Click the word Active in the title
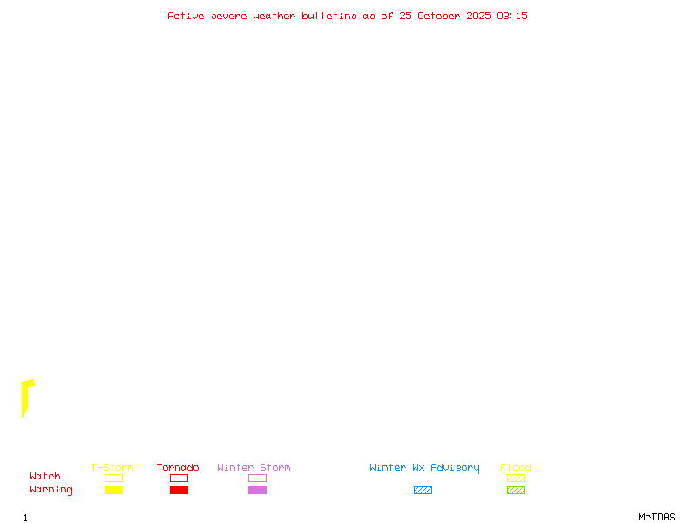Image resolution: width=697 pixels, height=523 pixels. [186, 16]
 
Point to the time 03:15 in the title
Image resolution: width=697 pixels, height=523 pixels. [512, 16]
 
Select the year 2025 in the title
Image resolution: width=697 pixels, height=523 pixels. [478, 16]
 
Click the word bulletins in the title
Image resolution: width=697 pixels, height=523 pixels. [329, 16]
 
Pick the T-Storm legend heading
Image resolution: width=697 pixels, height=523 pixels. [112, 467]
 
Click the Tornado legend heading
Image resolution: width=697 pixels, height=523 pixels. [178, 467]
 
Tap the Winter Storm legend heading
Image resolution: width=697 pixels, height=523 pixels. [254, 467]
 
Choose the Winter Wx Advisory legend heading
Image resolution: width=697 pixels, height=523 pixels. [424, 467]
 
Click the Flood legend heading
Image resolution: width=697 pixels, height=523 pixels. [516, 467]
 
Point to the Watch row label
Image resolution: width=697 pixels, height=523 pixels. [45, 477]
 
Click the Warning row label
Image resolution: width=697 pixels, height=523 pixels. [51, 490]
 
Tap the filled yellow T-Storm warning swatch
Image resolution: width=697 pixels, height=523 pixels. [113, 491]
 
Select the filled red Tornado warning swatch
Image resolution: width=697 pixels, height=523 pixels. [179, 491]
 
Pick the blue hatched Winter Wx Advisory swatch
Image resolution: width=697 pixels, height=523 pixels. [423, 491]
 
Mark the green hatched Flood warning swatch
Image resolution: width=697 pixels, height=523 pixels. [516, 491]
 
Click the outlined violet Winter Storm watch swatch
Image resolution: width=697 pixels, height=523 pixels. [257, 478]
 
